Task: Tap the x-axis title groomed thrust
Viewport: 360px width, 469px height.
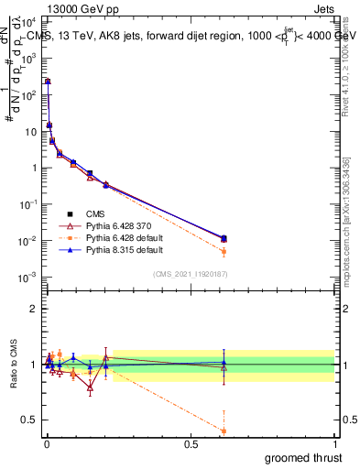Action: (x=302, y=456)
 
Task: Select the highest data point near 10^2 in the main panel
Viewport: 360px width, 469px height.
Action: (x=48, y=82)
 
